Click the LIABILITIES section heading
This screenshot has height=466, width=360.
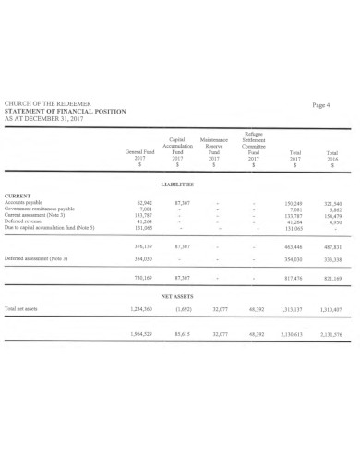177,185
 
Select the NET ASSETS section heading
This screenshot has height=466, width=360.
177,298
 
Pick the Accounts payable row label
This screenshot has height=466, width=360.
26,202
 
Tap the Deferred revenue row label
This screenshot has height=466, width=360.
25,221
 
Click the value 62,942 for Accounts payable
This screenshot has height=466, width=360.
143,202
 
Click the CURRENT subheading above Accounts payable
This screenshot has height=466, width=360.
20,196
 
